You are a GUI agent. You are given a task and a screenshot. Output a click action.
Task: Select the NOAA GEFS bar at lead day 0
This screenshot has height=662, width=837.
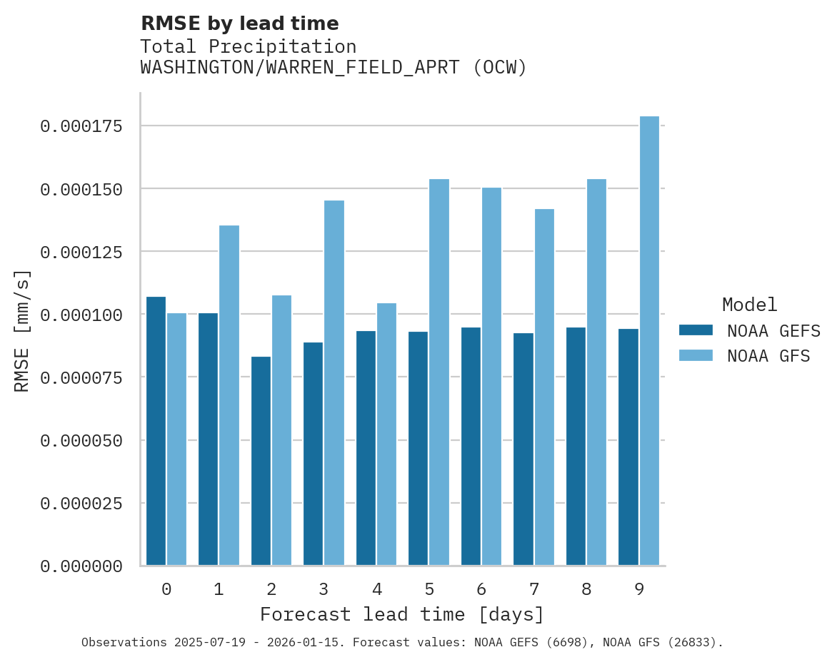[156, 431]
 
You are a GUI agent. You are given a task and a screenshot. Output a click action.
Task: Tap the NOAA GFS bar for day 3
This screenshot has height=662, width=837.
[334, 383]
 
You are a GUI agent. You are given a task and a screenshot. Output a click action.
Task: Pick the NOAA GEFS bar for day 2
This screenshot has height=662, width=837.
[261, 461]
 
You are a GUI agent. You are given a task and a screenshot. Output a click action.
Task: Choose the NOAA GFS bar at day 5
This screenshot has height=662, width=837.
[439, 372]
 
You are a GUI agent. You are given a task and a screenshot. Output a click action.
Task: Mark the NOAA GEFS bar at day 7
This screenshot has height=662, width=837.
[523, 449]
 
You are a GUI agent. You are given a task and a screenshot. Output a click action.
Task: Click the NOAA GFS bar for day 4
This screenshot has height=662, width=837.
[386, 434]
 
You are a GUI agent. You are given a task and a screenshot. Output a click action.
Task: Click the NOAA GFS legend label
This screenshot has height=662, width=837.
[768, 355]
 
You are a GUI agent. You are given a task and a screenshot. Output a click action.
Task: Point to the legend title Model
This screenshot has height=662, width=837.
[749, 305]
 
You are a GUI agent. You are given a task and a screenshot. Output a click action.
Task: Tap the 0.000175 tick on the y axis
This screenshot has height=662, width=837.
[81, 126]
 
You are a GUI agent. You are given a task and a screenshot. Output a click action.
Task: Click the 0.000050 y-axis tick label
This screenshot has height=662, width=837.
[81, 441]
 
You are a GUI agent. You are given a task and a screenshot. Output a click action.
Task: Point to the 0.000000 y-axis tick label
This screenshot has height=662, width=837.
[81, 566]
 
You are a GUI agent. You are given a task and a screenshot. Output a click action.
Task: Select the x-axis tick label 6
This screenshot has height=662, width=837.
[481, 589]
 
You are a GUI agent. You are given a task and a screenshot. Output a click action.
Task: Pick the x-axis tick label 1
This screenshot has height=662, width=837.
[219, 589]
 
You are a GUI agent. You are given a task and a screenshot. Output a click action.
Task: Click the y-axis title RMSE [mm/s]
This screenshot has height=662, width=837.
[22, 330]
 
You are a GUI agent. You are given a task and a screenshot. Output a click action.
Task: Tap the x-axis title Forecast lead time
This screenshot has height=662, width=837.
[402, 614]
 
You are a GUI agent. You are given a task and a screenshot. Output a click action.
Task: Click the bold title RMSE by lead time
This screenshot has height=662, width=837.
[239, 24]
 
